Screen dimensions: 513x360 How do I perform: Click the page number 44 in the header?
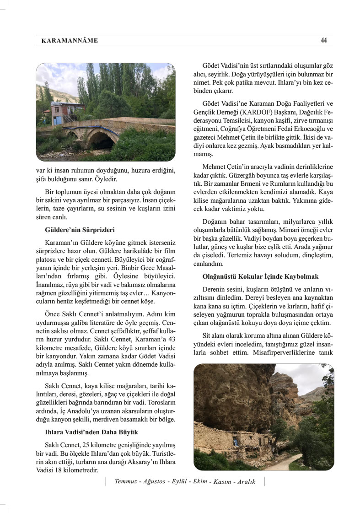(x=324, y=40)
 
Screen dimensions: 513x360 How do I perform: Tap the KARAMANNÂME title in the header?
(x=69, y=41)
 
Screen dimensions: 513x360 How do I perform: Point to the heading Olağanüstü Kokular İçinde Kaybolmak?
(x=260, y=277)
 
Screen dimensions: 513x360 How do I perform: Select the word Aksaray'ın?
(x=139, y=462)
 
